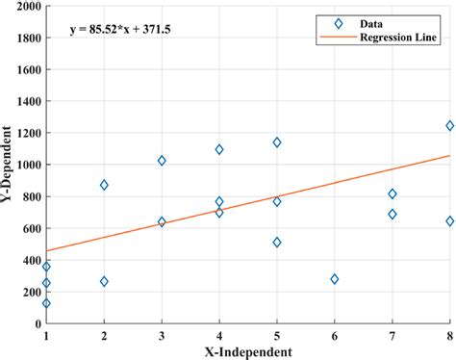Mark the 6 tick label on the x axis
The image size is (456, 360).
pyautogui.click(x=335, y=336)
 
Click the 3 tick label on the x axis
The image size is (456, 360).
pyautogui.click(x=162, y=336)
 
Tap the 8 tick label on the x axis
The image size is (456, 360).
pyautogui.click(x=449, y=336)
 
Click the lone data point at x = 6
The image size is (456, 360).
pyautogui.click(x=335, y=279)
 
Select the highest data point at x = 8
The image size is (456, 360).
pyautogui.click(x=449, y=126)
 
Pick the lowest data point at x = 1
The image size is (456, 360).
pyautogui.click(x=46, y=303)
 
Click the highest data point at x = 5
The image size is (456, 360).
pyautogui.click(x=277, y=142)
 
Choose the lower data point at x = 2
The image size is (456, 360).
pyautogui.click(x=104, y=282)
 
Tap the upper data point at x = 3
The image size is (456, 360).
pyautogui.click(x=162, y=161)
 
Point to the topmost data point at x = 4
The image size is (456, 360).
pyautogui.click(x=219, y=149)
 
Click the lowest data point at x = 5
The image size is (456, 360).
pyautogui.click(x=277, y=243)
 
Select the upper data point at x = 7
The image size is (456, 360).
pyautogui.click(x=392, y=194)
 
